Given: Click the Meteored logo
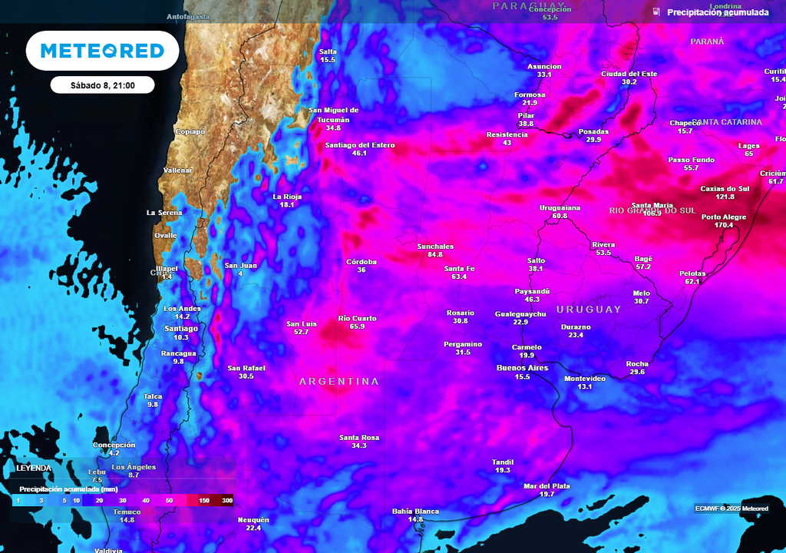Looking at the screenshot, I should (102, 51).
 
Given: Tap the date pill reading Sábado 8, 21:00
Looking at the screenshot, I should (103, 85).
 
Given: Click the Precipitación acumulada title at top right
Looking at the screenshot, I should (717, 12).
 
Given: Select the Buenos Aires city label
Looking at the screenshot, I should (523, 368).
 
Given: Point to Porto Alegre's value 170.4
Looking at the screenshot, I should (723, 226).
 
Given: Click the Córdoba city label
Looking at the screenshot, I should (362, 262).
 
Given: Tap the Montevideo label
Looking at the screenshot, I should (585, 379).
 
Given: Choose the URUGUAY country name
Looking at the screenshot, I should (589, 310).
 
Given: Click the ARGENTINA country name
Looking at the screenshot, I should (339, 381).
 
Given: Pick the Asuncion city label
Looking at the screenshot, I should (544, 67).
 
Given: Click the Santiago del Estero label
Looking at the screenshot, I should (359, 145).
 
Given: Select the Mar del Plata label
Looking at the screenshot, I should (547, 485).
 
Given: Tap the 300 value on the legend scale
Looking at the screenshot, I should (227, 500).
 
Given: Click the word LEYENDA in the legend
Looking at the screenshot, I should (34, 468).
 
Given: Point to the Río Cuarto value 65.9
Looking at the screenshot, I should (357, 326).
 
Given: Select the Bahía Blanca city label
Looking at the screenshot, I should (415, 511).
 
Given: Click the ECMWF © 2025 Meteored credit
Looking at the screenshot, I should (732, 508).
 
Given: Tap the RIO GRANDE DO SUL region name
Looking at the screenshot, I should (652, 210).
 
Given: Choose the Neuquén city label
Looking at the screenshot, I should (253, 520).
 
